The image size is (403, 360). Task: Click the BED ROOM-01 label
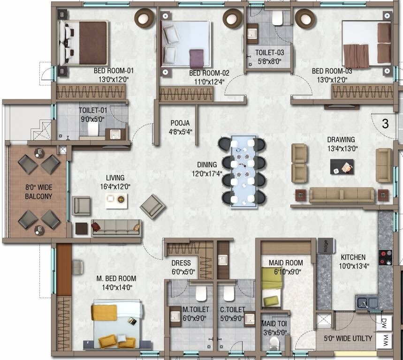114,71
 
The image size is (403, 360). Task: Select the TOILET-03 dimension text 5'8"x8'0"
269,60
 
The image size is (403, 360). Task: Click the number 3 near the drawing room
385,124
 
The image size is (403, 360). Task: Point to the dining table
243,169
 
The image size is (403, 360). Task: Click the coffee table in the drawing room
342,166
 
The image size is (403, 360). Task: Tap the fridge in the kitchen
324,246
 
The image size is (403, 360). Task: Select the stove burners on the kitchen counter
385,257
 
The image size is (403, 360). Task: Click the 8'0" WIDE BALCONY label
38,192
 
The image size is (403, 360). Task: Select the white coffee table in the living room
116,201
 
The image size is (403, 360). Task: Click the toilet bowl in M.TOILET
201,293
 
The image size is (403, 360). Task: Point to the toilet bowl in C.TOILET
228,293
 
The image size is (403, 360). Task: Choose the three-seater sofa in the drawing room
341,195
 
